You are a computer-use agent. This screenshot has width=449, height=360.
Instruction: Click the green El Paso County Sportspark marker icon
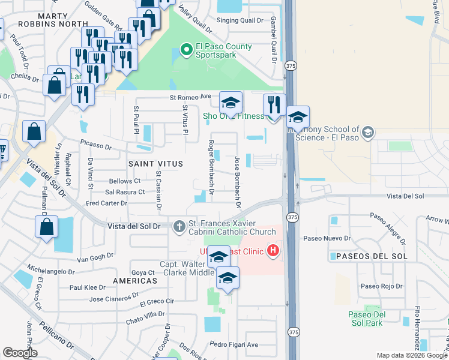coord(186,49)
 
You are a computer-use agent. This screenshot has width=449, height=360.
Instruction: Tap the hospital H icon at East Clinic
coord(273,249)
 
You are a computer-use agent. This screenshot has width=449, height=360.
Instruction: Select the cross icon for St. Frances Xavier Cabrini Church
coord(178,227)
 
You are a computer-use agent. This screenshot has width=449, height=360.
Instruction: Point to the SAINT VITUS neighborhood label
coord(154,163)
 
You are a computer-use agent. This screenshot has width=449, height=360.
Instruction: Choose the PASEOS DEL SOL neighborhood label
coord(369,256)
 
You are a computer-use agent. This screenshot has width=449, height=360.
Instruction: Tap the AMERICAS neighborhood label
coord(134,280)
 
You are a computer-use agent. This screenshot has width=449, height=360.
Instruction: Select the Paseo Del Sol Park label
coord(366,319)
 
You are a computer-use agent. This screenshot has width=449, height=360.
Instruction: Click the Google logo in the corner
coord(20,353)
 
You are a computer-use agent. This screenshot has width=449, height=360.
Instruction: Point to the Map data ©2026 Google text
coord(411,355)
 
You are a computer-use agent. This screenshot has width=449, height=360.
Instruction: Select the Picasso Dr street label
coord(96,146)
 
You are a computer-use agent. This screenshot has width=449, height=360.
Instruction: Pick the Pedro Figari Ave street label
coord(234,344)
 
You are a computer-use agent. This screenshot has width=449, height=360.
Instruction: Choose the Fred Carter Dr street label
coord(106,203)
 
